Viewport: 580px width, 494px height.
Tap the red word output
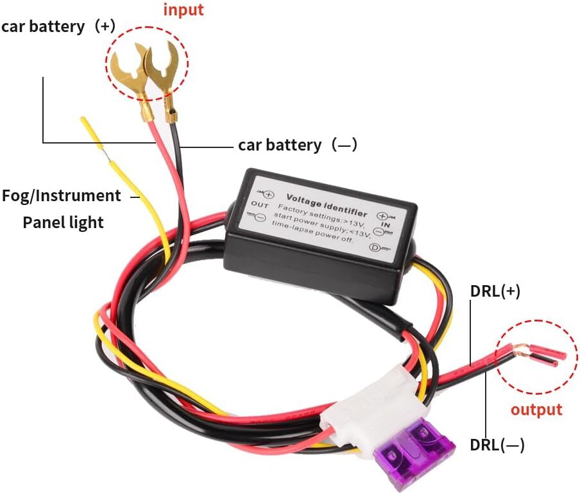(x=536, y=409)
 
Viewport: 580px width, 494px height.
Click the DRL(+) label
(x=495, y=291)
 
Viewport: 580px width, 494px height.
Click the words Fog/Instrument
(x=62, y=195)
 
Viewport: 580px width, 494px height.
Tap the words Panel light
(x=63, y=222)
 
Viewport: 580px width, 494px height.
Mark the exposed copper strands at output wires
(x=521, y=351)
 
